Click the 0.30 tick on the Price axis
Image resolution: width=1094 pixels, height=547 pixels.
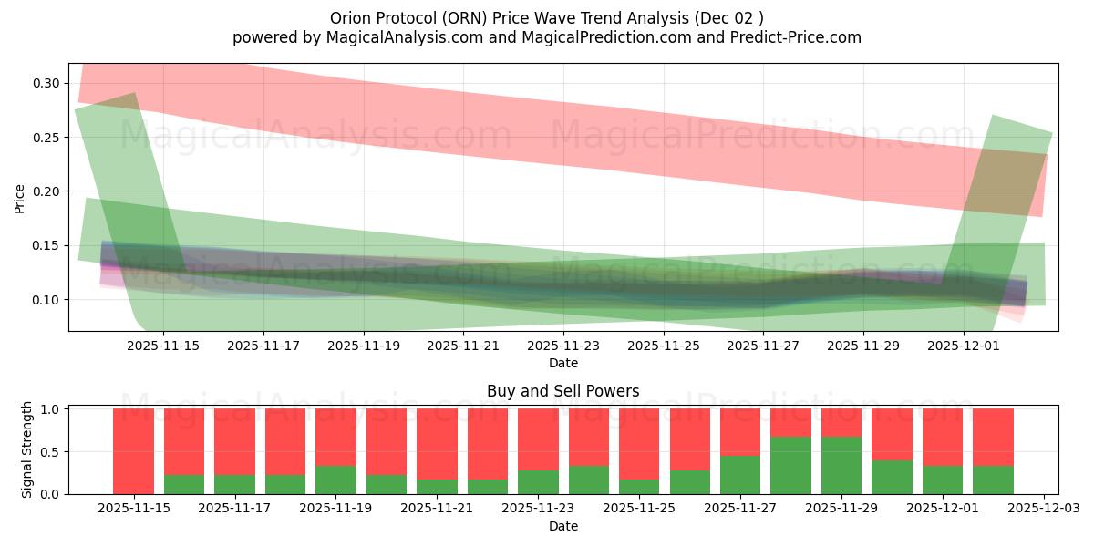(x=47, y=83)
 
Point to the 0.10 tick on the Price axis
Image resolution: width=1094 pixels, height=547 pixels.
(x=47, y=300)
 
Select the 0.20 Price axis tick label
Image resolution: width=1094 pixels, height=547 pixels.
(x=47, y=191)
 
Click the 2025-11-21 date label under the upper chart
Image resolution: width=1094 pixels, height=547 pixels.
(x=463, y=346)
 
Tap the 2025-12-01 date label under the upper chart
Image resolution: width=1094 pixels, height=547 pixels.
(x=965, y=346)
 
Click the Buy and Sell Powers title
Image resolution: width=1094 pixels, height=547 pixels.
(x=562, y=391)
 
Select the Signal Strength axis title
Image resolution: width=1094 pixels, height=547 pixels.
(x=27, y=449)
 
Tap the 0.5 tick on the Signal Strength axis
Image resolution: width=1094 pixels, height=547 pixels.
(x=51, y=451)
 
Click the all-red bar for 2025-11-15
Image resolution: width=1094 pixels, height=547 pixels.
(x=133, y=451)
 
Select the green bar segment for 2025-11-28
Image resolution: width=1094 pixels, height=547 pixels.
(x=790, y=466)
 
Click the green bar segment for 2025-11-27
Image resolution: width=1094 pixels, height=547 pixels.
(x=740, y=475)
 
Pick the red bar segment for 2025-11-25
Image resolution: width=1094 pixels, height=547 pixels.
(x=639, y=442)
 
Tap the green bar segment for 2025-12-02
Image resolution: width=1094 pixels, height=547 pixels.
(x=993, y=480)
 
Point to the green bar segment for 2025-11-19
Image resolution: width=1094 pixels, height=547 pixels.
(x=335, y=480)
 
